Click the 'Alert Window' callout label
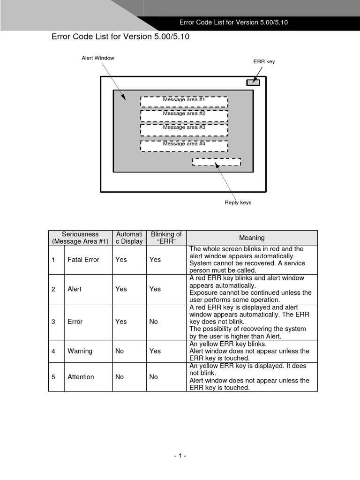pos(98,58)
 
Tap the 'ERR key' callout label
pos(264,61)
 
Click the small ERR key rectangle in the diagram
pos(253,82)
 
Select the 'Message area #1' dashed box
pos(184,102)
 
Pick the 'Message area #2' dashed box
pos(184,115)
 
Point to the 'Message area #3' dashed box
pos(184,130)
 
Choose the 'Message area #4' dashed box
pos(184,146)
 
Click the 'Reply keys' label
pos(238,203)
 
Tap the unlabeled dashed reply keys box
pos(217,162)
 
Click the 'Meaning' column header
pos(252,238)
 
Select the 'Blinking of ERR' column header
pos(166,238)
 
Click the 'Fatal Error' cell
pos(83,259)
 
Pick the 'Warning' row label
pos(80,351)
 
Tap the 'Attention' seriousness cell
pos(81,377)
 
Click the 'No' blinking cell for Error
pos(154,322)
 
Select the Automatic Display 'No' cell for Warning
pos(120,351)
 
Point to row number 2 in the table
pos(53,289)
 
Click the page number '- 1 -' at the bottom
pos(180,456)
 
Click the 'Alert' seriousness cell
pos(75,289)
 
